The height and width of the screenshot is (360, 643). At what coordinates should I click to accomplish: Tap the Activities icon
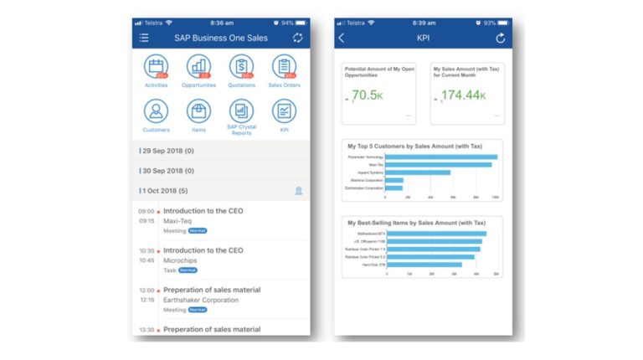point(156,67)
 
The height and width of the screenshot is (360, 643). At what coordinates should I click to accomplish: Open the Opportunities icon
point(198,67)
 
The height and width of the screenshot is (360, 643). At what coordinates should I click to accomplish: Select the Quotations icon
point(241,67)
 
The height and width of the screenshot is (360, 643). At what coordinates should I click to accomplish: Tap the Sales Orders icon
point(284,67)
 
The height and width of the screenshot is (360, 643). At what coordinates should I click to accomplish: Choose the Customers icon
point(156,111)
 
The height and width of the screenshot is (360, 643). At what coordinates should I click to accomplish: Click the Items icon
point(198,111)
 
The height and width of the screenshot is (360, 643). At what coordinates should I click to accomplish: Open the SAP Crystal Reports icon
point(241,111)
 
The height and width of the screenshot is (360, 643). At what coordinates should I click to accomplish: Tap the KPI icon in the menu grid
point(284,111)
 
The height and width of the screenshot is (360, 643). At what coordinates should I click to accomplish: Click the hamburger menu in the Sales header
point(144,38)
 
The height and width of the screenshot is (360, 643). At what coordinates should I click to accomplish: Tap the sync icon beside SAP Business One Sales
point(297,38)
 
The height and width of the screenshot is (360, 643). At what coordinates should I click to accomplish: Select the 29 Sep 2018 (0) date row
point(221,151)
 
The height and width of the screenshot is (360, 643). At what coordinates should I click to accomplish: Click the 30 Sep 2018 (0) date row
point(221,171)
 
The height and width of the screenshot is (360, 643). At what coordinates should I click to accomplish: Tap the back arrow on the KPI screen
point(342,38)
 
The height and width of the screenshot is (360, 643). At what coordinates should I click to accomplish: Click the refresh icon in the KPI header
point(501,38)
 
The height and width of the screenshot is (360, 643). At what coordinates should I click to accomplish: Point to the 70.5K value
point(367,96)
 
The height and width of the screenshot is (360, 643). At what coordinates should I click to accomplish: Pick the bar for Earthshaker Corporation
point(394,188)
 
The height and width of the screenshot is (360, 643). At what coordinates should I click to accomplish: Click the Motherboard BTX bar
point(437,234)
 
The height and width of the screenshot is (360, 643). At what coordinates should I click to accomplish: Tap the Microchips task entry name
point(180,260)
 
